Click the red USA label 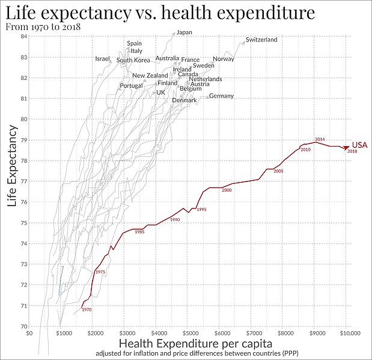click(359, 145)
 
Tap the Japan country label click(184, 32)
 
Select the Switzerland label click(261, 40)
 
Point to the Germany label click(221, 96)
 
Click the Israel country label click(103, 59)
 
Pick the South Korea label click(133, 60)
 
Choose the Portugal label click(131, 85)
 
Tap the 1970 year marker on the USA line click(87, 310)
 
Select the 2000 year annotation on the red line click(227, 191)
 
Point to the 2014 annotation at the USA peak click(320, 139)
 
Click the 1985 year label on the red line click(139, 232)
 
